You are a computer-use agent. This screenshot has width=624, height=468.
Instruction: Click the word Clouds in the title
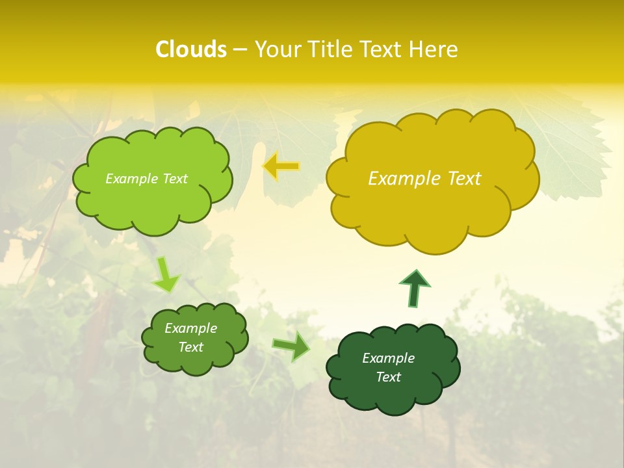tap(191, 49)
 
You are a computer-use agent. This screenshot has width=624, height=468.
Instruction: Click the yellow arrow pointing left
tap(281, 167)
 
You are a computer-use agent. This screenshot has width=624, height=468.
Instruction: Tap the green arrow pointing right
tap(292, 346)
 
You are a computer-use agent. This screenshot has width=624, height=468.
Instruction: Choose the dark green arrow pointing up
tap(414, 288)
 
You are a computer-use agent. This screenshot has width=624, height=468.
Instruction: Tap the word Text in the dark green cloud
tap(388, 377)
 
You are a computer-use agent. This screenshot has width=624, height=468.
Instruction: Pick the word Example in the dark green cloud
tap(388, 358)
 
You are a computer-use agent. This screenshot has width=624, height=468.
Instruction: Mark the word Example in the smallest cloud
tap(191, 328)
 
